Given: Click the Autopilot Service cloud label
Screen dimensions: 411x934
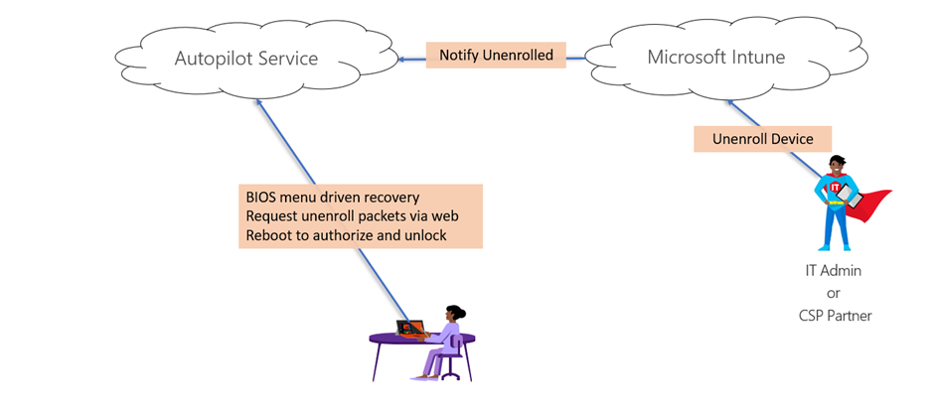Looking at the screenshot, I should click(x=245, y=59).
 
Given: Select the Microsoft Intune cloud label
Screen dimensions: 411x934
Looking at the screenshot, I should click(x=715, y=57).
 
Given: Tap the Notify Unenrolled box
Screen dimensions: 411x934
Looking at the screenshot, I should click(x=496, y=56).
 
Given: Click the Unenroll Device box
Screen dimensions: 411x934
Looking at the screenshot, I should click(x=760, y=138).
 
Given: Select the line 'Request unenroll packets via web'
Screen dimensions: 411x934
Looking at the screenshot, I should click(x=353, y=216).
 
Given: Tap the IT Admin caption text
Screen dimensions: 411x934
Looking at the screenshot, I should click(x=833, y=270).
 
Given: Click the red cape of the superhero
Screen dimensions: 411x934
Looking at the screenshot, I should click(x=866, y=205).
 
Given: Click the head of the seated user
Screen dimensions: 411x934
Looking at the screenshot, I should click(x=454, y=313).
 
